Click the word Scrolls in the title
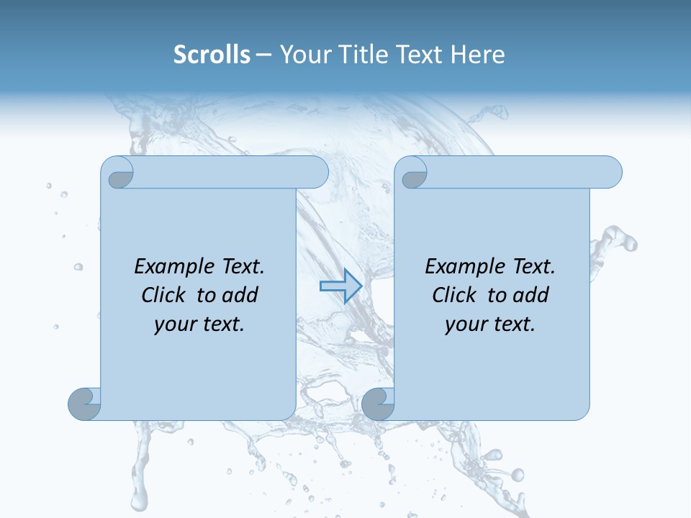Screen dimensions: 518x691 pyautogui.click(x=212, y=55)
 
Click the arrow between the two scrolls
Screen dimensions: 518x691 pyautogui.click(x=340, y=286)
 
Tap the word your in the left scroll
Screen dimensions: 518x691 pyautogui.click(x=173, y=324)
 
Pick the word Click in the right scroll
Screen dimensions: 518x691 pyautogui.click(x=454, y=295)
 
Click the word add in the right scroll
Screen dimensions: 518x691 pyautogui.click(x=531, y=295)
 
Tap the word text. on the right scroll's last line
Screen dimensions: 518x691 pyautogui.click(x=513, y=324)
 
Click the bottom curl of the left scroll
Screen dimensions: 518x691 pyautogui.click(x=84, y=404)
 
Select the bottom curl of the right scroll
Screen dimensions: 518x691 pyautogui.click(x=378, y=404)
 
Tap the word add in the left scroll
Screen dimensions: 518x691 pyautogui.click(x=240, y=295)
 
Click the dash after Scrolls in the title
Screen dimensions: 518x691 pyautogui.click(x=264, y=55)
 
